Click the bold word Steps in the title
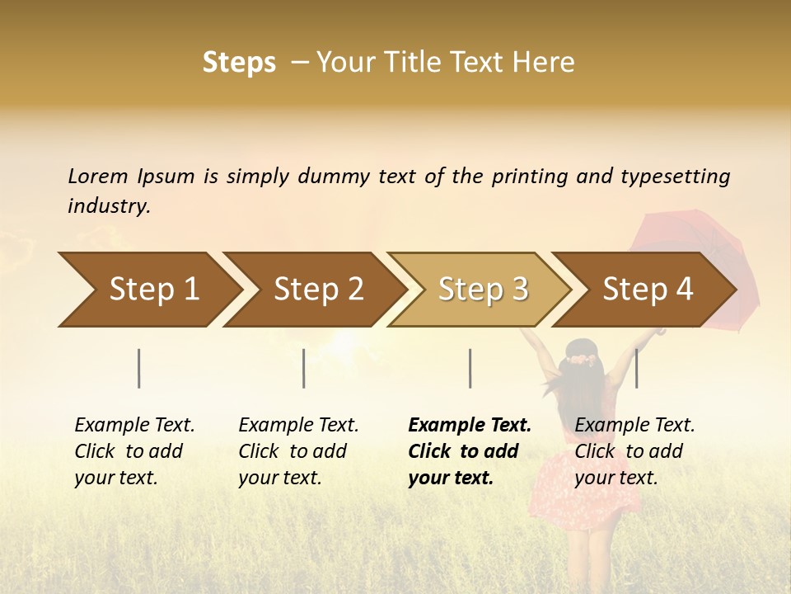[239, 63]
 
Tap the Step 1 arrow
[148, 290]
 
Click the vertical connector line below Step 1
[138, 368]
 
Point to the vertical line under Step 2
[304, 368]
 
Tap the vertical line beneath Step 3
[470, 368]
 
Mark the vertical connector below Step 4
[636, 368]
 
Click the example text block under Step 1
[134, 451]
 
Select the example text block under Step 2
[298, 451]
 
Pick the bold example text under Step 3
[470, 451]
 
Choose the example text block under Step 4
[634, 451]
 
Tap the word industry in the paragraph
[109, 205]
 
